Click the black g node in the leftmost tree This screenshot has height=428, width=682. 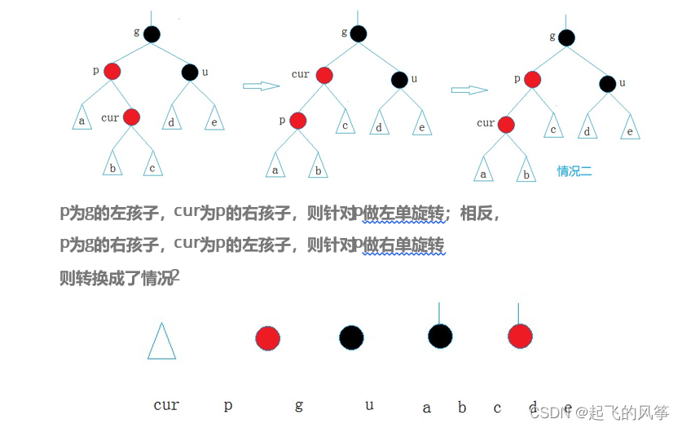pos(152,34)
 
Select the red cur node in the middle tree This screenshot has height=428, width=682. pos(324,76)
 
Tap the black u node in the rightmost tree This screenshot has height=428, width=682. pos(607,83)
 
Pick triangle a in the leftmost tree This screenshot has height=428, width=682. pos(81,118)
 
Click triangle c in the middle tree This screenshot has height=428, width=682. pos(345,124)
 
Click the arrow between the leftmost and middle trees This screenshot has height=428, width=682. pos(262,85)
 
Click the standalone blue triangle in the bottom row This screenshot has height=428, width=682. pos(161,341)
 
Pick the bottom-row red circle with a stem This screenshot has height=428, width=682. pos(520,335)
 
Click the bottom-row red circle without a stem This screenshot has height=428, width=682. pos(267,338)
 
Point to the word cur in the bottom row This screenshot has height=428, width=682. pos(166,405)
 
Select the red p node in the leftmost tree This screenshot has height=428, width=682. pos(112,72)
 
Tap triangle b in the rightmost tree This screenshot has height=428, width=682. pos(527,171)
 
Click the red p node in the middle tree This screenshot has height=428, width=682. pos(297,121)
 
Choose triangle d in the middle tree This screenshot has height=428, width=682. pos(379,126)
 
